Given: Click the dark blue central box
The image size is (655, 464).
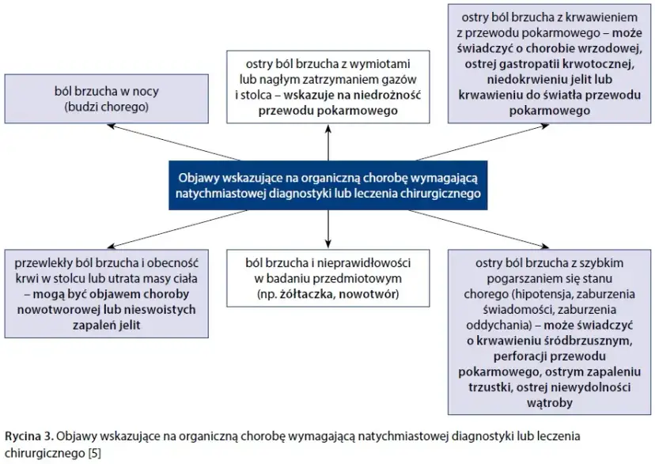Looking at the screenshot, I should point(327,185).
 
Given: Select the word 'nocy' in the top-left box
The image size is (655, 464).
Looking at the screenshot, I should point(144,92).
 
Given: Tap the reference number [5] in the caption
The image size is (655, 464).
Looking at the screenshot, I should point(94,453).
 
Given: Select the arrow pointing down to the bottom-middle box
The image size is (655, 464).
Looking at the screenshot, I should point(327,229).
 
